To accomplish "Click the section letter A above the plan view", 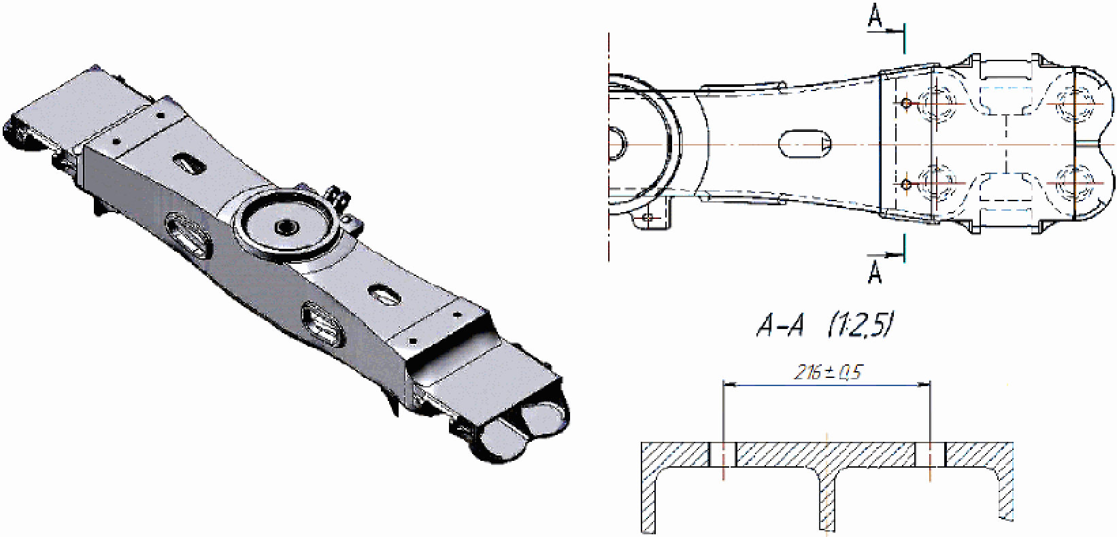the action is click(x=875, y=16).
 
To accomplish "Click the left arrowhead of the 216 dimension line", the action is click(x=730, y=384).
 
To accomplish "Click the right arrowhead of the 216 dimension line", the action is click(x=924, y=384).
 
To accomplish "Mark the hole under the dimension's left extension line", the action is click(x=722, y=455).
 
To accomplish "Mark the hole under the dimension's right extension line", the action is click(x=931, y=455).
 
